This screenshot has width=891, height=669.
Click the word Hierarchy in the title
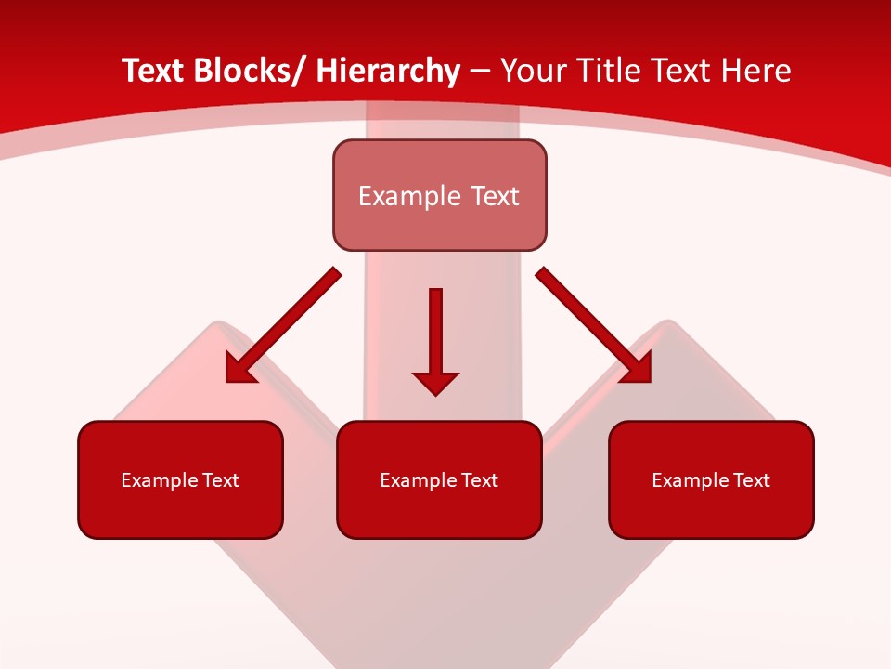pos(387,71)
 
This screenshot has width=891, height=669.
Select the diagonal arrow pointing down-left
pos(288,321)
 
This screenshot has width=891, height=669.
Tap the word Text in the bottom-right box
pos(751,480)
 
